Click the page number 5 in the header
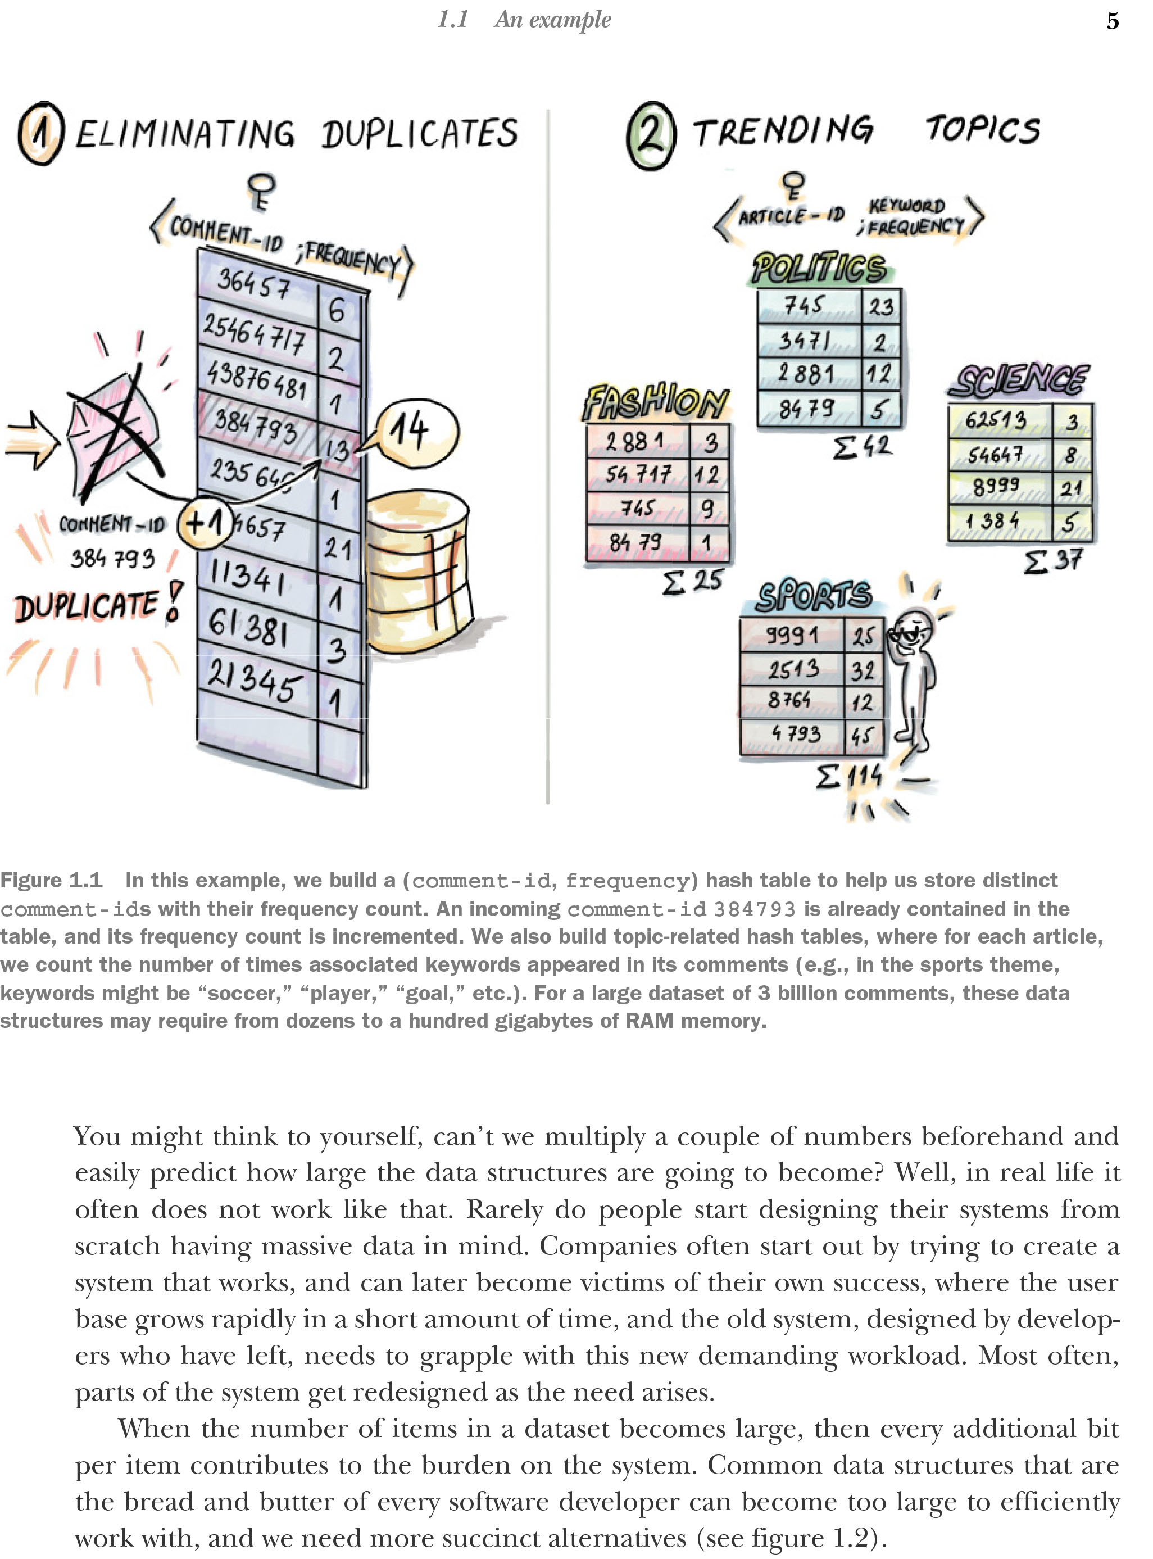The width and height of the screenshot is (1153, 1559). [1113, 21]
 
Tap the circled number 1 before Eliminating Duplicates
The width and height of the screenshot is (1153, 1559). [41, 133]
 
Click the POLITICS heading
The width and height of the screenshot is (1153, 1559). [819, 269]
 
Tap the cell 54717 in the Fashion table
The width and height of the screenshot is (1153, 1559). [637, 475]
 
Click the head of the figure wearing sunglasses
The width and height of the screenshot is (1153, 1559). [914, 631]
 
